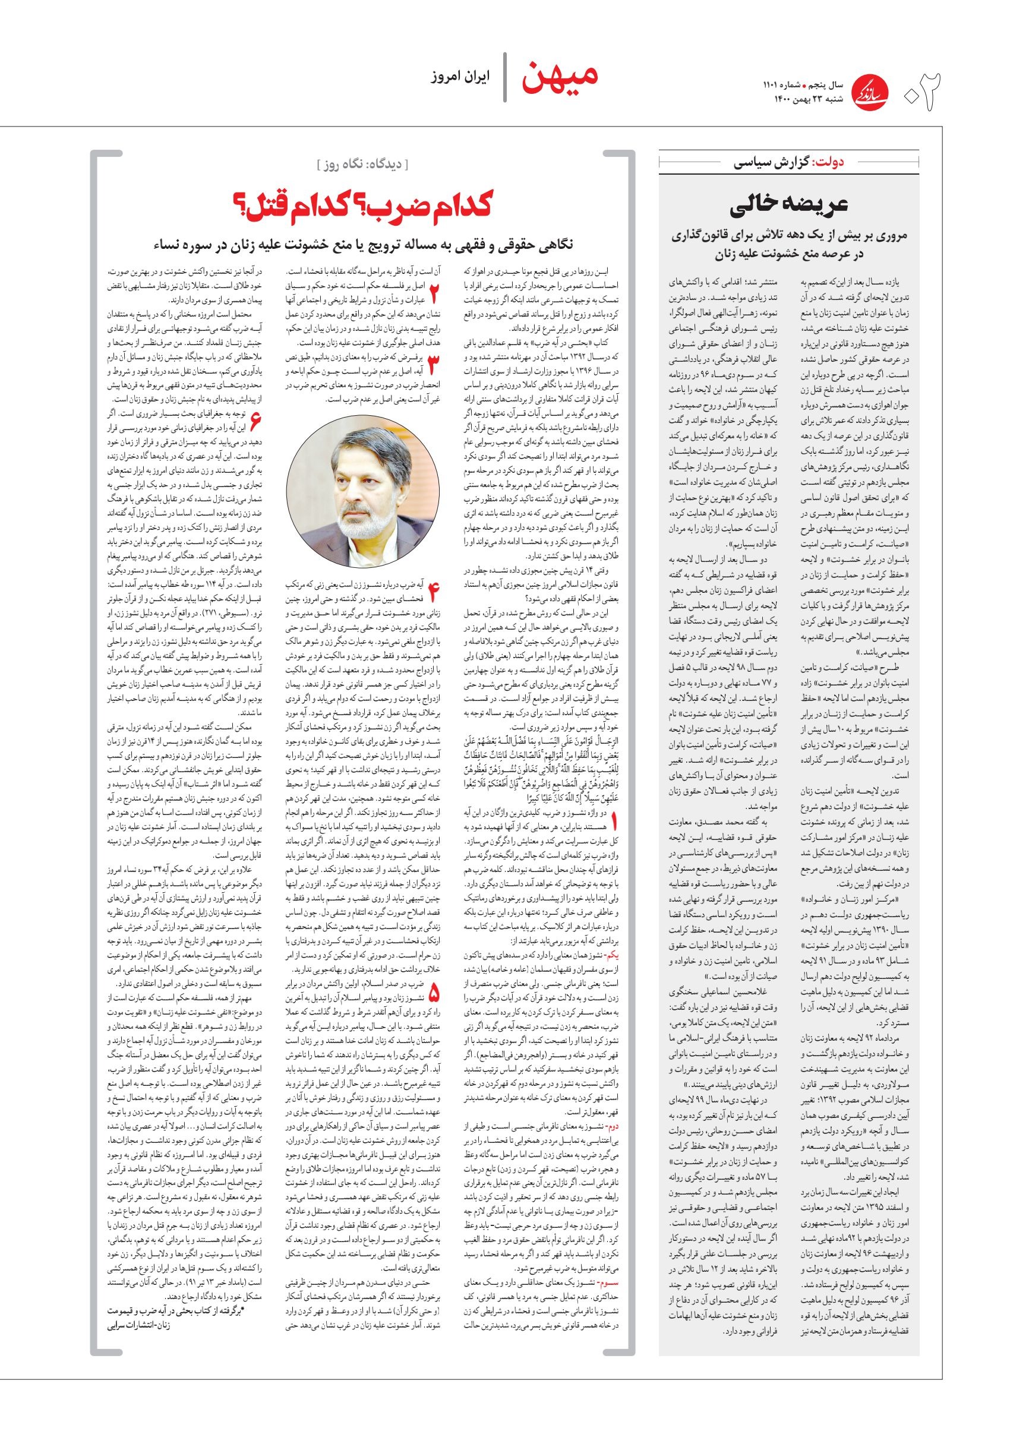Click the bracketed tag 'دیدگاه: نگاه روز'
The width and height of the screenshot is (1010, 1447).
pyautogui.click(x=362, y=166)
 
